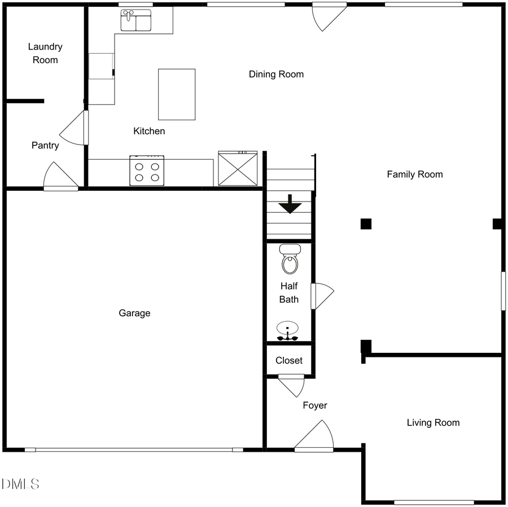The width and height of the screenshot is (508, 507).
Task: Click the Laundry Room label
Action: coord(45,54)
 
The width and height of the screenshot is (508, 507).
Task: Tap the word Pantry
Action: coord(45,146)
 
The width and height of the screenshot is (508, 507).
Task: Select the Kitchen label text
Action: coord(149,132)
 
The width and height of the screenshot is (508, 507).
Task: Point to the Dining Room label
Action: coord(276,75)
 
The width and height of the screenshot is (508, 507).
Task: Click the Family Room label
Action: coord(414,174)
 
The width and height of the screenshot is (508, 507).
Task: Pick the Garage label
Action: coord(134,313)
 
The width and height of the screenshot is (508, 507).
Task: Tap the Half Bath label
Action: coord(289,293)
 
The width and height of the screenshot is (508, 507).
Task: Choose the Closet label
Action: coord(289,361)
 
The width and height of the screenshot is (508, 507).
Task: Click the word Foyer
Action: coord(314,405)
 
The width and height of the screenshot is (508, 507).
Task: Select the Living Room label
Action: coord(433,423)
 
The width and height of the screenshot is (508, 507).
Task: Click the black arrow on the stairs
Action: coord(290,204)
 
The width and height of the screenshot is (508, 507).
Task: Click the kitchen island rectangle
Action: coord(177,94)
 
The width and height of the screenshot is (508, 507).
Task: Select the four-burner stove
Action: coord(147,171)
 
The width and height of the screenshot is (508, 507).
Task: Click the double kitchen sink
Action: coord(136,21)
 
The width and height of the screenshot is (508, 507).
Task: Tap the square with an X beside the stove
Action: coord(238,169)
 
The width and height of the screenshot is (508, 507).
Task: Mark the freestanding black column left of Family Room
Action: coord(366,224)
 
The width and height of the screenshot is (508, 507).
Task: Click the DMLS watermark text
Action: coord(20,484)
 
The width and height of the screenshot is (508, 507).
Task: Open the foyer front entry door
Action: coord(314,438)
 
